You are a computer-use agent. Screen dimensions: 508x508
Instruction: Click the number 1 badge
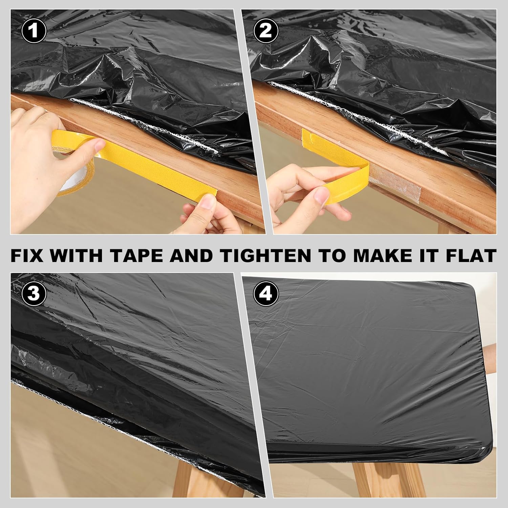point(33,31)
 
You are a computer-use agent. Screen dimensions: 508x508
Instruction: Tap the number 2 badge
point(265,31)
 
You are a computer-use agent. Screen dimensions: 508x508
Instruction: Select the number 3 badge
point(33,294)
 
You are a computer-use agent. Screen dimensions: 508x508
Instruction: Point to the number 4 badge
point(265,294)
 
